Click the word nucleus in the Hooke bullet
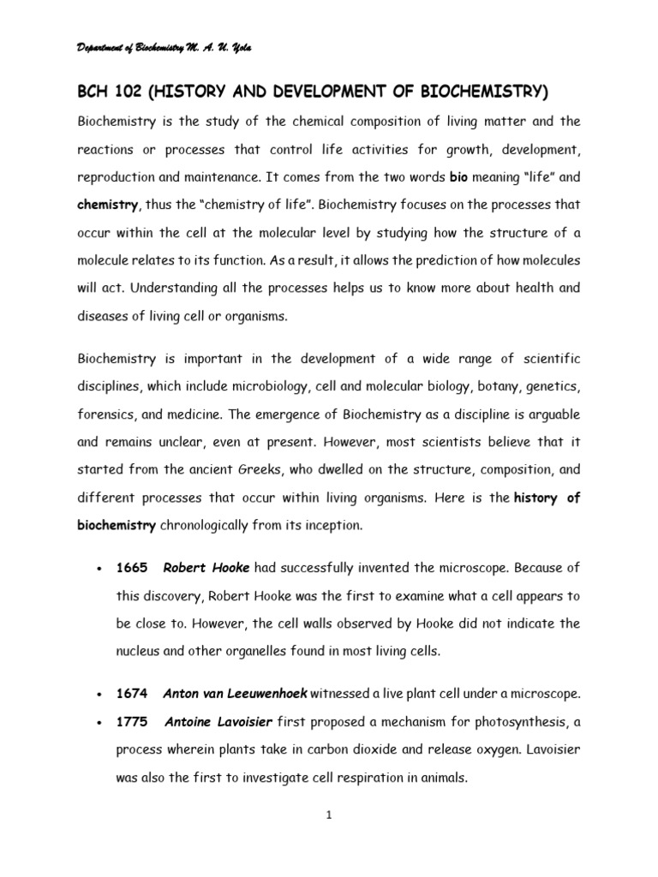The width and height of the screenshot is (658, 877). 139,650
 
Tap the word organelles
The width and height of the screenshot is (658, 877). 227,650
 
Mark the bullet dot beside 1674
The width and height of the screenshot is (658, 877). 100,693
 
